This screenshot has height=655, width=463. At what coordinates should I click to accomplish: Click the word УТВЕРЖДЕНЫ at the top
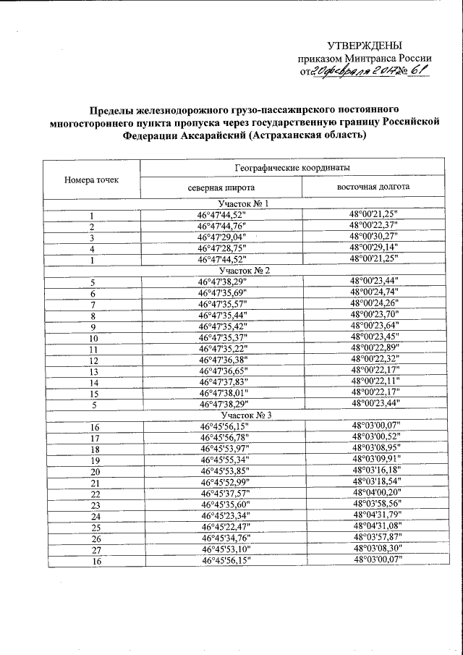click(365, 46)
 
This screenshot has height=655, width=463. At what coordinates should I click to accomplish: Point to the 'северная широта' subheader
click(221, 187)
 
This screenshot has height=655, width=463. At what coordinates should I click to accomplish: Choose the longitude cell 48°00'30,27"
click(374, 237)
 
